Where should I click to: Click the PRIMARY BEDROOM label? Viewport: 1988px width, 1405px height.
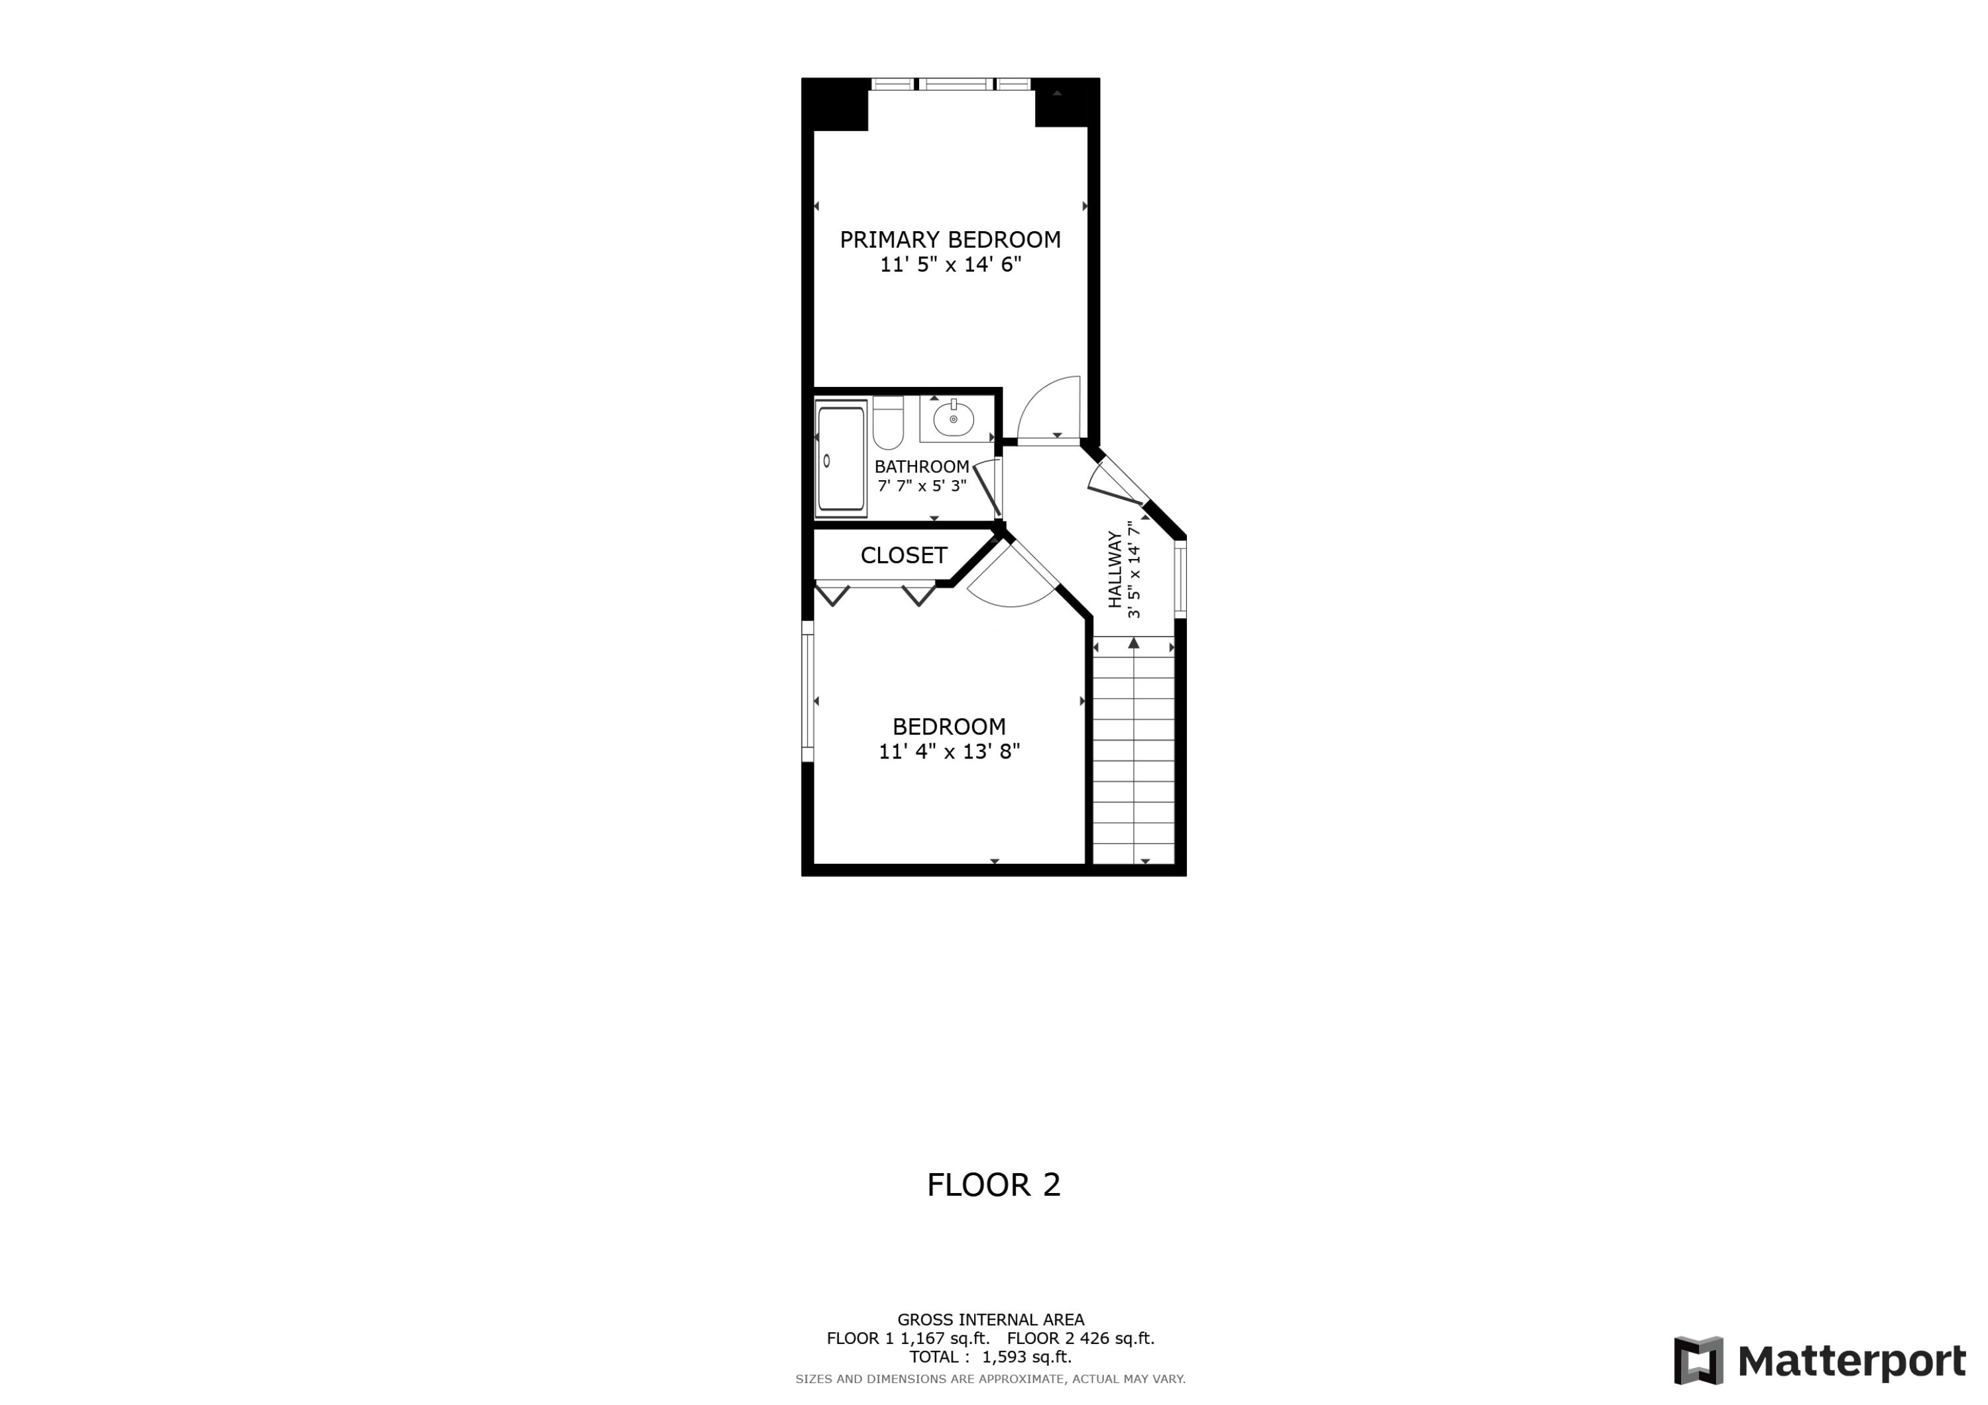(x=950, y=240)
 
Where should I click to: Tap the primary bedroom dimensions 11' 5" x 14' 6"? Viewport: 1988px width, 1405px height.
(x=950, y=265)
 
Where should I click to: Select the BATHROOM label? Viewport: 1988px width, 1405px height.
(x=921, y=466)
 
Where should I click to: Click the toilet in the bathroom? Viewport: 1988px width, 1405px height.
(x=887, y=423)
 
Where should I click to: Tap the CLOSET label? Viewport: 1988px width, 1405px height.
(x=903, y=555)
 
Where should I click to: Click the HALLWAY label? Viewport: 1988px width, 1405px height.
(x=1115, y=569)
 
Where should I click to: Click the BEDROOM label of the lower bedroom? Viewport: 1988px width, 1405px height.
(x=949, y=726)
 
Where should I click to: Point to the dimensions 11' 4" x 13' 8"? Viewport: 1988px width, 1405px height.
(x=949, y=751)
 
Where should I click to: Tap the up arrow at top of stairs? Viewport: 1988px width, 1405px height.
(x=1133, y=643)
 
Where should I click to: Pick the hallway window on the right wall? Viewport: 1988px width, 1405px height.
(x=1180, y=578)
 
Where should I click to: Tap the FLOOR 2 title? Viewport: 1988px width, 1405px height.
(x=993, y=1185)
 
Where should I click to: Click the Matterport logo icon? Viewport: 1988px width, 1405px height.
(x=1698, y=1360)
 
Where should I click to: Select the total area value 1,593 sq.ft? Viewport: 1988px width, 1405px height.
(x=1026, y=1357)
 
